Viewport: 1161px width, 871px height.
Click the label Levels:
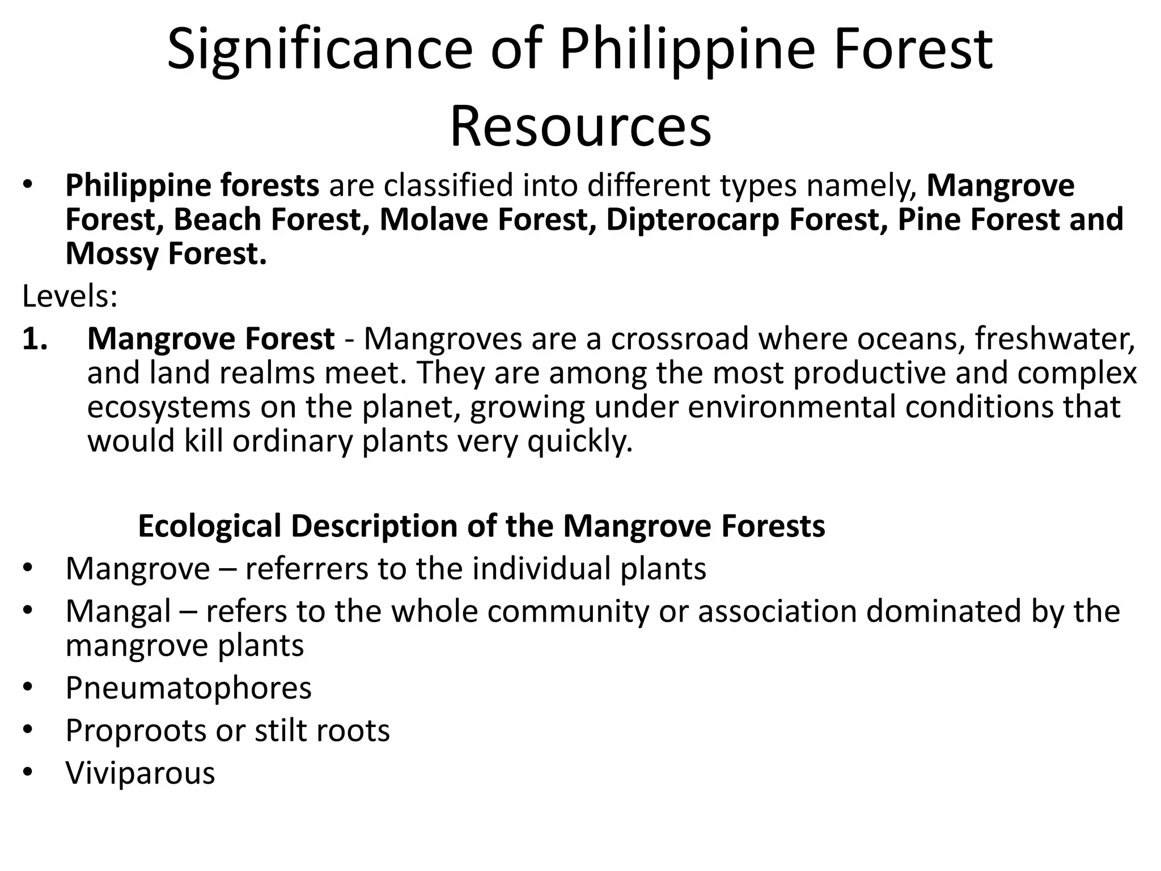tap(70, 296)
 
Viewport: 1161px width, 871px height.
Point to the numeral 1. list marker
tap(37, 339)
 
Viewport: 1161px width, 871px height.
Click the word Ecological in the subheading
tap(210, 526)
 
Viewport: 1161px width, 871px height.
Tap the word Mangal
tap(118, 611)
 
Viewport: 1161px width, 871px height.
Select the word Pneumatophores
tap(188, 688)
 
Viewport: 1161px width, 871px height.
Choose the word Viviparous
tap(140, 773)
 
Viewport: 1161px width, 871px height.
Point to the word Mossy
tap(112, 254)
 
